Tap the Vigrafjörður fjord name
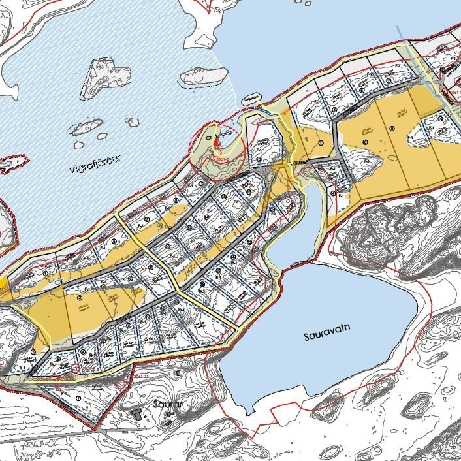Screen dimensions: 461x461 point(95,168)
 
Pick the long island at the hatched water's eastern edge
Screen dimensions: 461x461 point(203,77)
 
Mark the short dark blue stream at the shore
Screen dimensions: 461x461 point(267,112)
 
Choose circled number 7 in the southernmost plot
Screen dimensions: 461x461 point(78,398)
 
